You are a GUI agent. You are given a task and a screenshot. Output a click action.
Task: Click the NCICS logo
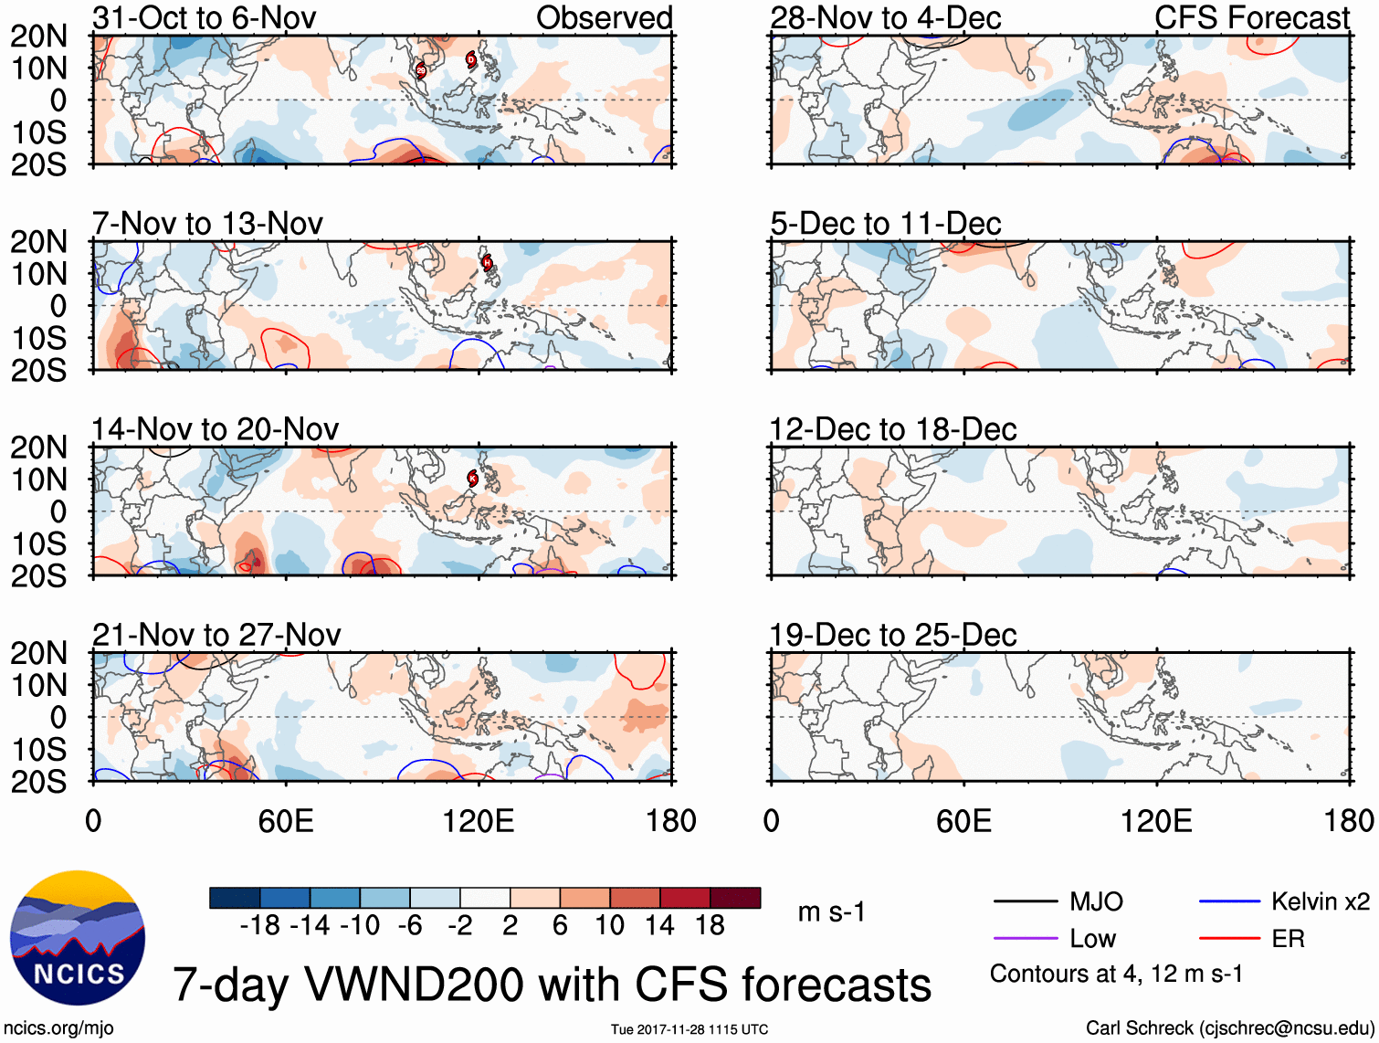78,938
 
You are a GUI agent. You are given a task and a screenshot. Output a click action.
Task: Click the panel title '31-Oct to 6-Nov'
205,17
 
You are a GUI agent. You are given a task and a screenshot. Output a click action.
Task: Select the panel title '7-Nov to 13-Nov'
207,224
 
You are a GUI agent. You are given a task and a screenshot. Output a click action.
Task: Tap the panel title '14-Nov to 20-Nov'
216,429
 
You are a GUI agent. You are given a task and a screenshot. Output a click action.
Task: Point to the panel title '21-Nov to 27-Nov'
216,635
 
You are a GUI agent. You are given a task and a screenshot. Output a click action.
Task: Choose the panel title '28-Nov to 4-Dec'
886,17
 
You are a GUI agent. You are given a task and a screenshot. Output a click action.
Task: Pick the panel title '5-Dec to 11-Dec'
886,224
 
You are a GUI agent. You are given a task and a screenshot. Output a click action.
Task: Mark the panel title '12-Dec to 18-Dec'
893,429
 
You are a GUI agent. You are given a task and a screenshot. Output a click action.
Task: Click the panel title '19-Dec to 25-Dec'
893,635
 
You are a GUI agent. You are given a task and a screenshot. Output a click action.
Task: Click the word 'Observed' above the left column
604,17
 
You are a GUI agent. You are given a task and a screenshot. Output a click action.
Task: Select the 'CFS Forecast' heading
1252,17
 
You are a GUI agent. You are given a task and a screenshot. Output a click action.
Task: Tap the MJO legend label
1096,902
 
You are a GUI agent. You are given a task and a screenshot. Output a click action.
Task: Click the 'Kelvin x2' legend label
1321,902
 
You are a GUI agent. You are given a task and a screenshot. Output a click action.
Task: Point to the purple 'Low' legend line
1026,938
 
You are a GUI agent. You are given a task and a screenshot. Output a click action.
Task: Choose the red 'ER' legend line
1229,938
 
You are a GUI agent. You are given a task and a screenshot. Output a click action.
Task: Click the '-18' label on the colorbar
260,926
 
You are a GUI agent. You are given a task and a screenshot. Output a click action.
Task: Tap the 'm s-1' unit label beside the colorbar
831,912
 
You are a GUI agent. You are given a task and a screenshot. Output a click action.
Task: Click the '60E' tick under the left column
286,821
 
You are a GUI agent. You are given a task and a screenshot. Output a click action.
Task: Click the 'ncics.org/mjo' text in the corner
58,1028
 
